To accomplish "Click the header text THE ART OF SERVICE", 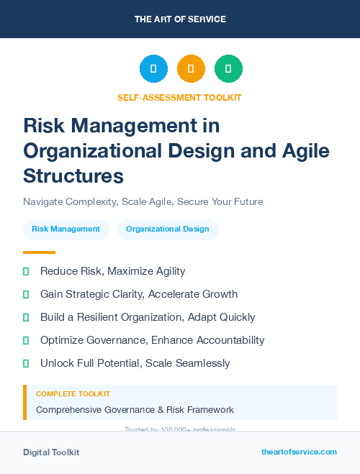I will [x=180, y=19].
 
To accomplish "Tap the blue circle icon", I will [x=153, y=68].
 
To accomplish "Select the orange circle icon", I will [x=191, y=68].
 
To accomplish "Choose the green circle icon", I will [x=228, y=68].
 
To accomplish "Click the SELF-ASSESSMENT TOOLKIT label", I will [x=179, y=97].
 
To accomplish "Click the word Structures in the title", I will [x=73, y=176].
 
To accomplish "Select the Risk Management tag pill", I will [x=66, y=229].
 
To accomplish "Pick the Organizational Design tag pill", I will [x=168, y=229].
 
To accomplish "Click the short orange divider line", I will [x=39, y=252].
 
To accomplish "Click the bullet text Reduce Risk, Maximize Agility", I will [x=112, y=271].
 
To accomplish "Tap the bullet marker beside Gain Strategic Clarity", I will [x=26, y=294].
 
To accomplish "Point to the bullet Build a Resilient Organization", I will [x=148, y=317].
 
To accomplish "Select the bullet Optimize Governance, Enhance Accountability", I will [x=152, y=340].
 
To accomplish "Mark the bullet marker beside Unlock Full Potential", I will [x=26, y=363].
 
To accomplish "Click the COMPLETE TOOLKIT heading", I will [x=73, y=394].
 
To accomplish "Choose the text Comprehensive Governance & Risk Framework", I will [x=135, y=410].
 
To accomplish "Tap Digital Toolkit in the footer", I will [x=51, y=452].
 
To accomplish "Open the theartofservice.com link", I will [x=299, y=452].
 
